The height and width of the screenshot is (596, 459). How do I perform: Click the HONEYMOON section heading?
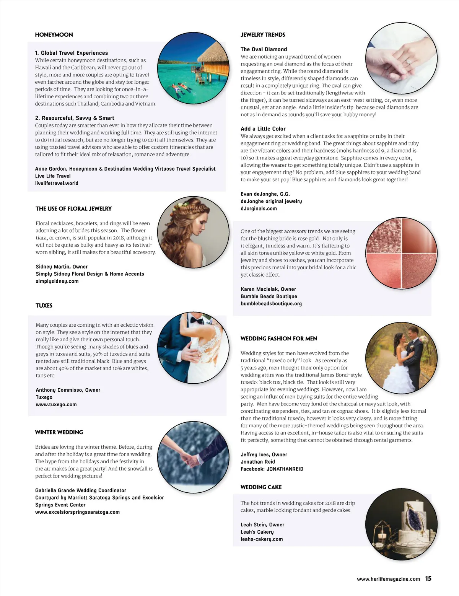tap(54, 34)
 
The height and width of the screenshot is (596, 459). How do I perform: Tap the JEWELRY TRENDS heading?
tap(263, 34)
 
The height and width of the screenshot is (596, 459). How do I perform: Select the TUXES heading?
tap(44, 305)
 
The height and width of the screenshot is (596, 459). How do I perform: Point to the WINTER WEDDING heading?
tap(59, 432)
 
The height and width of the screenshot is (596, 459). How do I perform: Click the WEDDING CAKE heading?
tap(261, 487)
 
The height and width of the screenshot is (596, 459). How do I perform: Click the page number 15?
tap(428, 578)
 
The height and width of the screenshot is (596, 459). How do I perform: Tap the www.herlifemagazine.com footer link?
tap(388, 579)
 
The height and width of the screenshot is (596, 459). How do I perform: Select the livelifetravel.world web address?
tap(57, 183)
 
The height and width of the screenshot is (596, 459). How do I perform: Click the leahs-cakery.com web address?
tap(262, 539)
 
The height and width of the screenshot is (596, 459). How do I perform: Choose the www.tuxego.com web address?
tap(56, 404)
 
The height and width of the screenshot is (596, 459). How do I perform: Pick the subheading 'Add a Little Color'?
tap(263, 129)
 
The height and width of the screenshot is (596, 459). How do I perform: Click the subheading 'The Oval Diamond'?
tap(264, 49)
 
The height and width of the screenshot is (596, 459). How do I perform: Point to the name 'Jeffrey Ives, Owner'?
tap(264, 454)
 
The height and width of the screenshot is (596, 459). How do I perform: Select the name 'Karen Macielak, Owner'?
tap(268, 289)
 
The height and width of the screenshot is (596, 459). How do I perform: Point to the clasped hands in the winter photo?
tap(187, 457)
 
